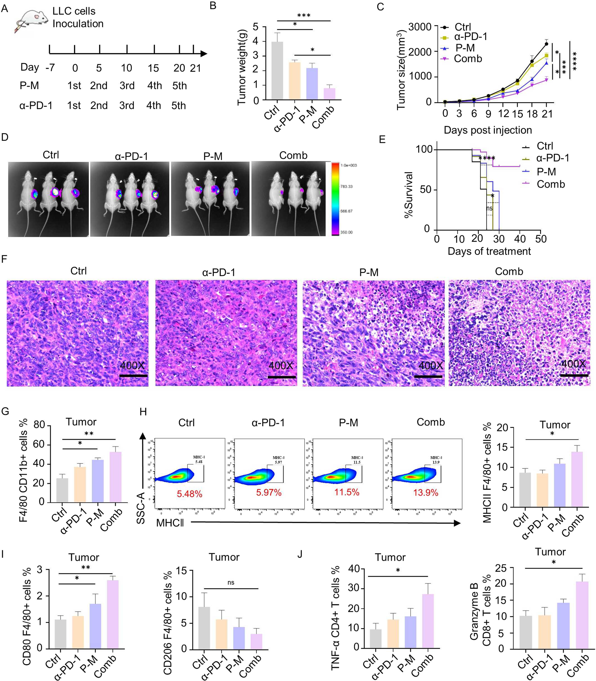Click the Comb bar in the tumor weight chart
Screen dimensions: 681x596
(329, 94)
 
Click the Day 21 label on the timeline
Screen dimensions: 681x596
(196, 68)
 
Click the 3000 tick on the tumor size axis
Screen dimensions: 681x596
(420, 27)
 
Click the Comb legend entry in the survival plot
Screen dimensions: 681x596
(550, 184)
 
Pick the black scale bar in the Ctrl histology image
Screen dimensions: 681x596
(133, 376)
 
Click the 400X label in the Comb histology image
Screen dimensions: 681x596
(573, 363)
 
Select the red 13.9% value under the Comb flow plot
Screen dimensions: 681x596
(425, 493)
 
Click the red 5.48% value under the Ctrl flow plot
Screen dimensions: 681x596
(189, 494)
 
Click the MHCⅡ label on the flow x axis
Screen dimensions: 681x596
(170, 523)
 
